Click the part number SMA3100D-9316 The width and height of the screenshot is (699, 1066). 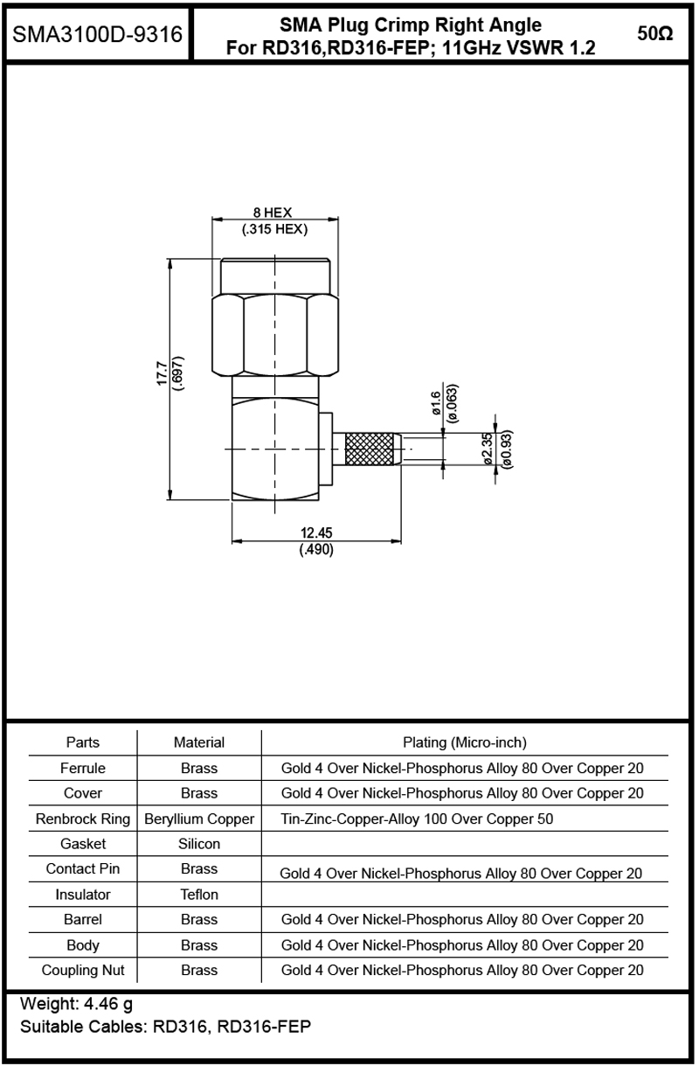tap(97, 35)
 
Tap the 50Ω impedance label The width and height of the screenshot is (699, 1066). tap(654, 34)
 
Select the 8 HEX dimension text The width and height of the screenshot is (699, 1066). tap(273, 213)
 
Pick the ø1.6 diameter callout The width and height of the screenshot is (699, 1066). tap(436, 402)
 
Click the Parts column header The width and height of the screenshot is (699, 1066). tap(83, 742)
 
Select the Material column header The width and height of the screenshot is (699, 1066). tap(199, 742)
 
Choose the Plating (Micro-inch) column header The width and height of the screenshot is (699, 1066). tap(464, 742)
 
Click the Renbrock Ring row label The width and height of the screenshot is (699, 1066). tap(83, 819)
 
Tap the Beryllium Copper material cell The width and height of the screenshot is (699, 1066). tap(199, 819)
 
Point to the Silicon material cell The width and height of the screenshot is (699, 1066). tap(199, 844)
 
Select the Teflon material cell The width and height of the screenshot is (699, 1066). tap(199, 895)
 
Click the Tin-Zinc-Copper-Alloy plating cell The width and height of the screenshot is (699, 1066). tap(417, 819)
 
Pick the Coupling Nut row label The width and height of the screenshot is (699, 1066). tap(83, 970)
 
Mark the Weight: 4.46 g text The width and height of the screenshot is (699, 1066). tap(76, 1003)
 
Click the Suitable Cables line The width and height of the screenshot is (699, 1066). tap(165, 1026)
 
